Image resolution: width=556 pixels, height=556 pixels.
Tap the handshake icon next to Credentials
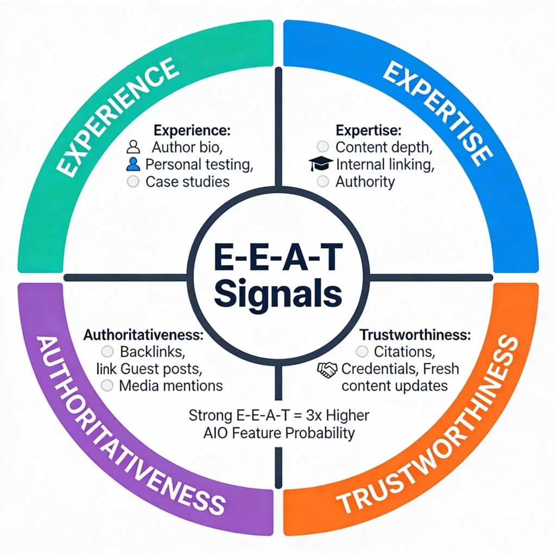coord(327,370)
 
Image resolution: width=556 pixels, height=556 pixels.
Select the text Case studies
coord(187,181)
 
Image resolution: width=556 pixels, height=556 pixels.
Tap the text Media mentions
coord(170,386)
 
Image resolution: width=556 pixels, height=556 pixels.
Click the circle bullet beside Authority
coord(323,181)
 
